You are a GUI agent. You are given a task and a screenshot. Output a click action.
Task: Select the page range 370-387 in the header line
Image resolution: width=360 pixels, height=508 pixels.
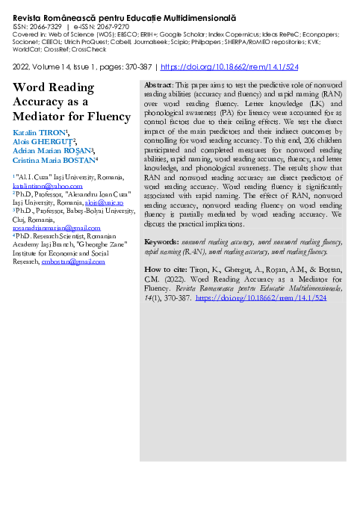(136, 66)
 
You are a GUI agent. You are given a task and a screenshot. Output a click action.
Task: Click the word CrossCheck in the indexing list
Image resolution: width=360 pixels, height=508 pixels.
(91, 49)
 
